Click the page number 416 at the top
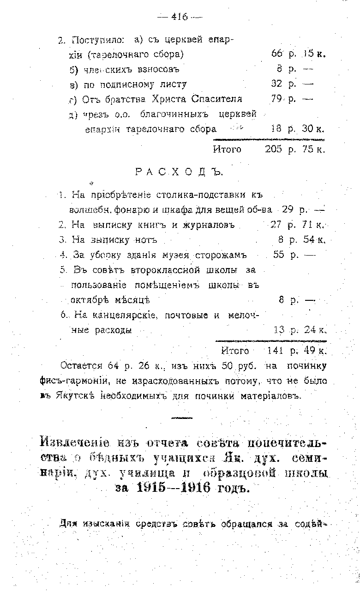180,17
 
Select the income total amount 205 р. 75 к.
295,149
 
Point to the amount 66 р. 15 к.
299,54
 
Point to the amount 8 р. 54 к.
302,240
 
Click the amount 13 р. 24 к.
300,330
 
